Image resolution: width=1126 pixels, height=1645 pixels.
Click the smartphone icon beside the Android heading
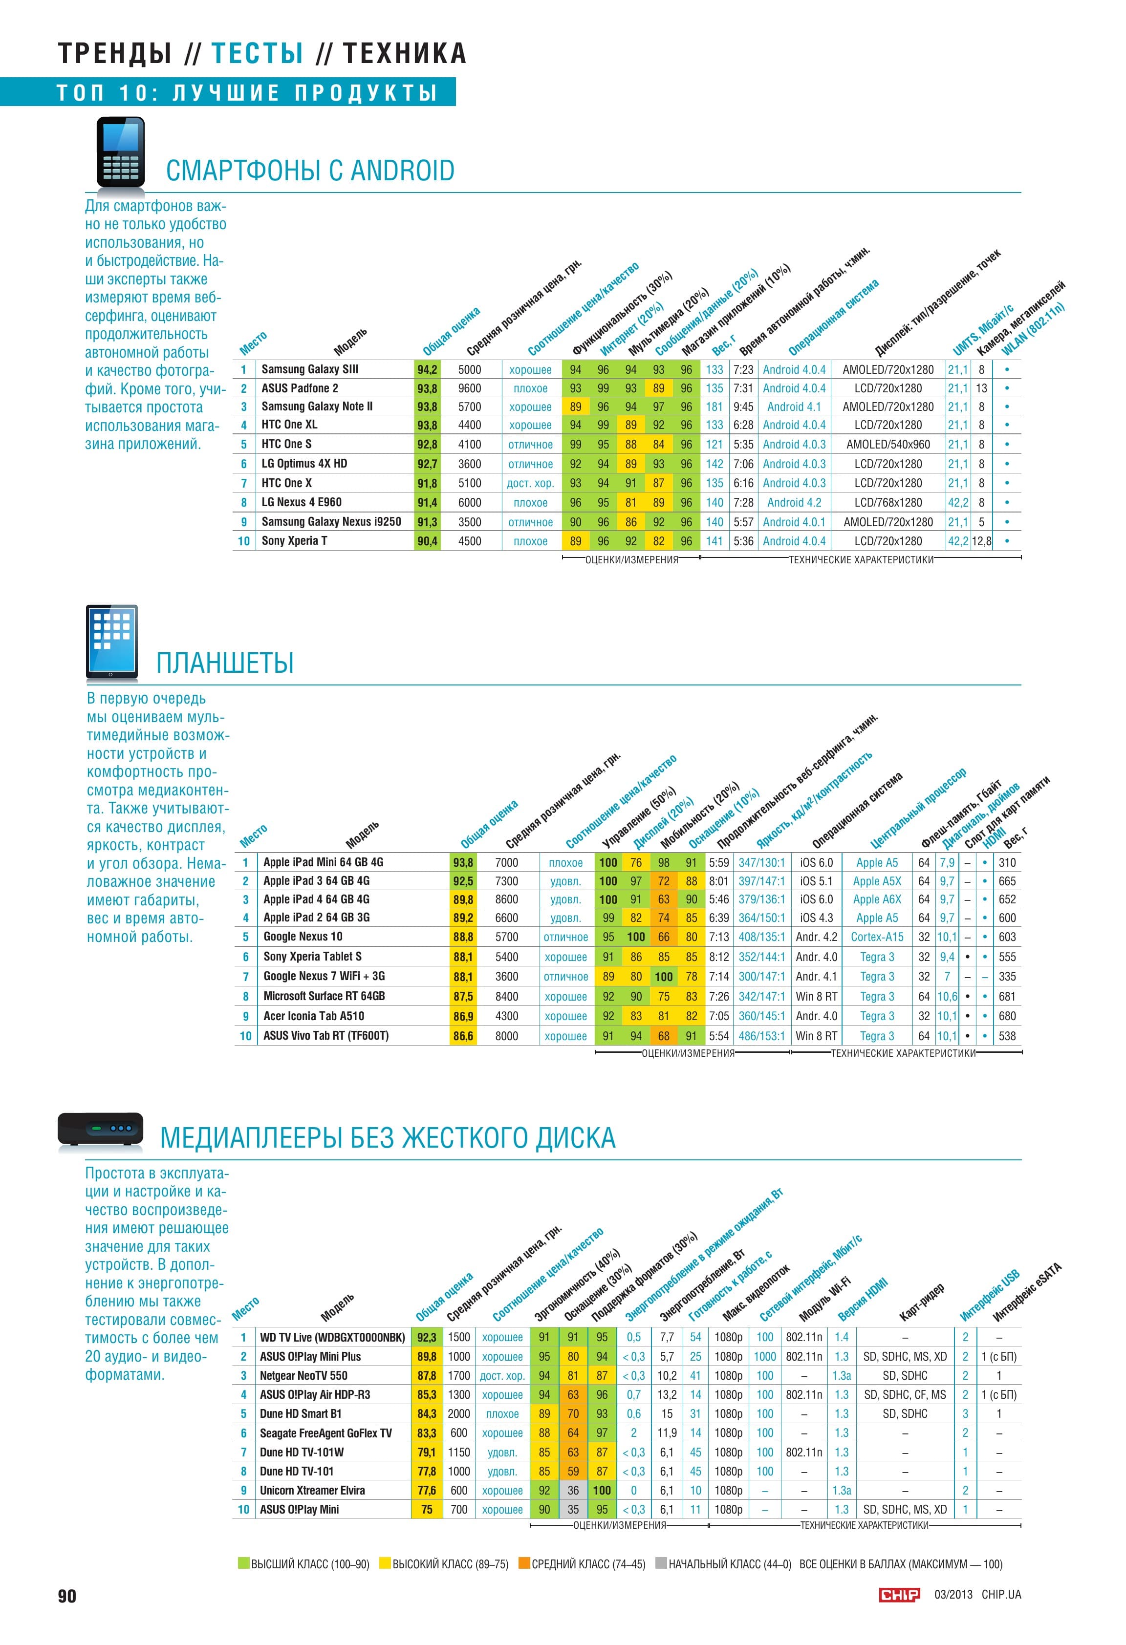(x=120, y=151)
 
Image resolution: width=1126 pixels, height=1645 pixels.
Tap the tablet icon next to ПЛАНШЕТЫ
(x=111, y=641)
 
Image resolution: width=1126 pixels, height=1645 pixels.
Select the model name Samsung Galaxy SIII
(x=310, y=369)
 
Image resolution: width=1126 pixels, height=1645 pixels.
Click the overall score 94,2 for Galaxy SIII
(x=427, y=369)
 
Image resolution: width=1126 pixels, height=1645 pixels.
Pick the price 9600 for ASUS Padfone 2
(x=470, y=388)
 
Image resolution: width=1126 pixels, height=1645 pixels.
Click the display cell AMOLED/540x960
(x=888, y=445)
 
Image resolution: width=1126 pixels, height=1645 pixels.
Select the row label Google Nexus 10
(x=303, y=937)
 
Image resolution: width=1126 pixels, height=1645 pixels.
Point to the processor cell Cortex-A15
(x=877, y=937)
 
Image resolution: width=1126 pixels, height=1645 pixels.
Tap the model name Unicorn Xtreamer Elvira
(x=312, y=1490)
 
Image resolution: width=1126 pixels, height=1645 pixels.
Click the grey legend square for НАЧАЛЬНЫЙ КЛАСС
(x=661, y=1563)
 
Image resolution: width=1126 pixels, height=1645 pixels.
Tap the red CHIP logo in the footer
(x=899, y=1594)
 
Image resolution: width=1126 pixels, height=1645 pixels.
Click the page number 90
(x=67, y=1596)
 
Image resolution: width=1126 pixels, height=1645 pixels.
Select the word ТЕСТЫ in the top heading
(x=258, y=54)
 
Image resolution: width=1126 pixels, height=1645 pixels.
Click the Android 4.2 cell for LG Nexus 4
(x=795, y=503)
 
